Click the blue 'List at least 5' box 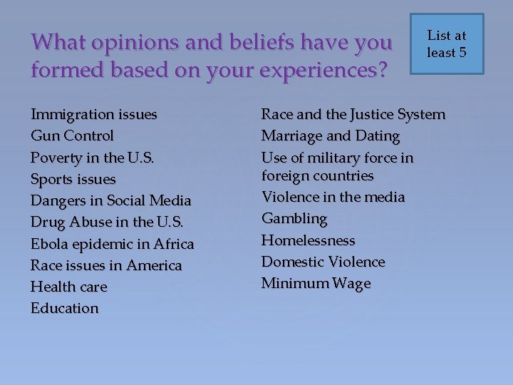pos(446,44)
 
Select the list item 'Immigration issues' pos(94,114)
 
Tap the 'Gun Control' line pos(72,135)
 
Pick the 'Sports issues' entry pos(73,179)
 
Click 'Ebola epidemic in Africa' pos(112,244)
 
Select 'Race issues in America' pos(106,265)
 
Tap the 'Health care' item pos(68,287)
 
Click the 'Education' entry pos(65,308)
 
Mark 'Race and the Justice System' pos(353,114)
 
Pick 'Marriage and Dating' pos(331,135)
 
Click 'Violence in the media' pos(333,197)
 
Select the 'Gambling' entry pos(294,218)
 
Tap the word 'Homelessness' pos(308,240)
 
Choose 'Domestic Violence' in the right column pos(323,262)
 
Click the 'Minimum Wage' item pos(316,283)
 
